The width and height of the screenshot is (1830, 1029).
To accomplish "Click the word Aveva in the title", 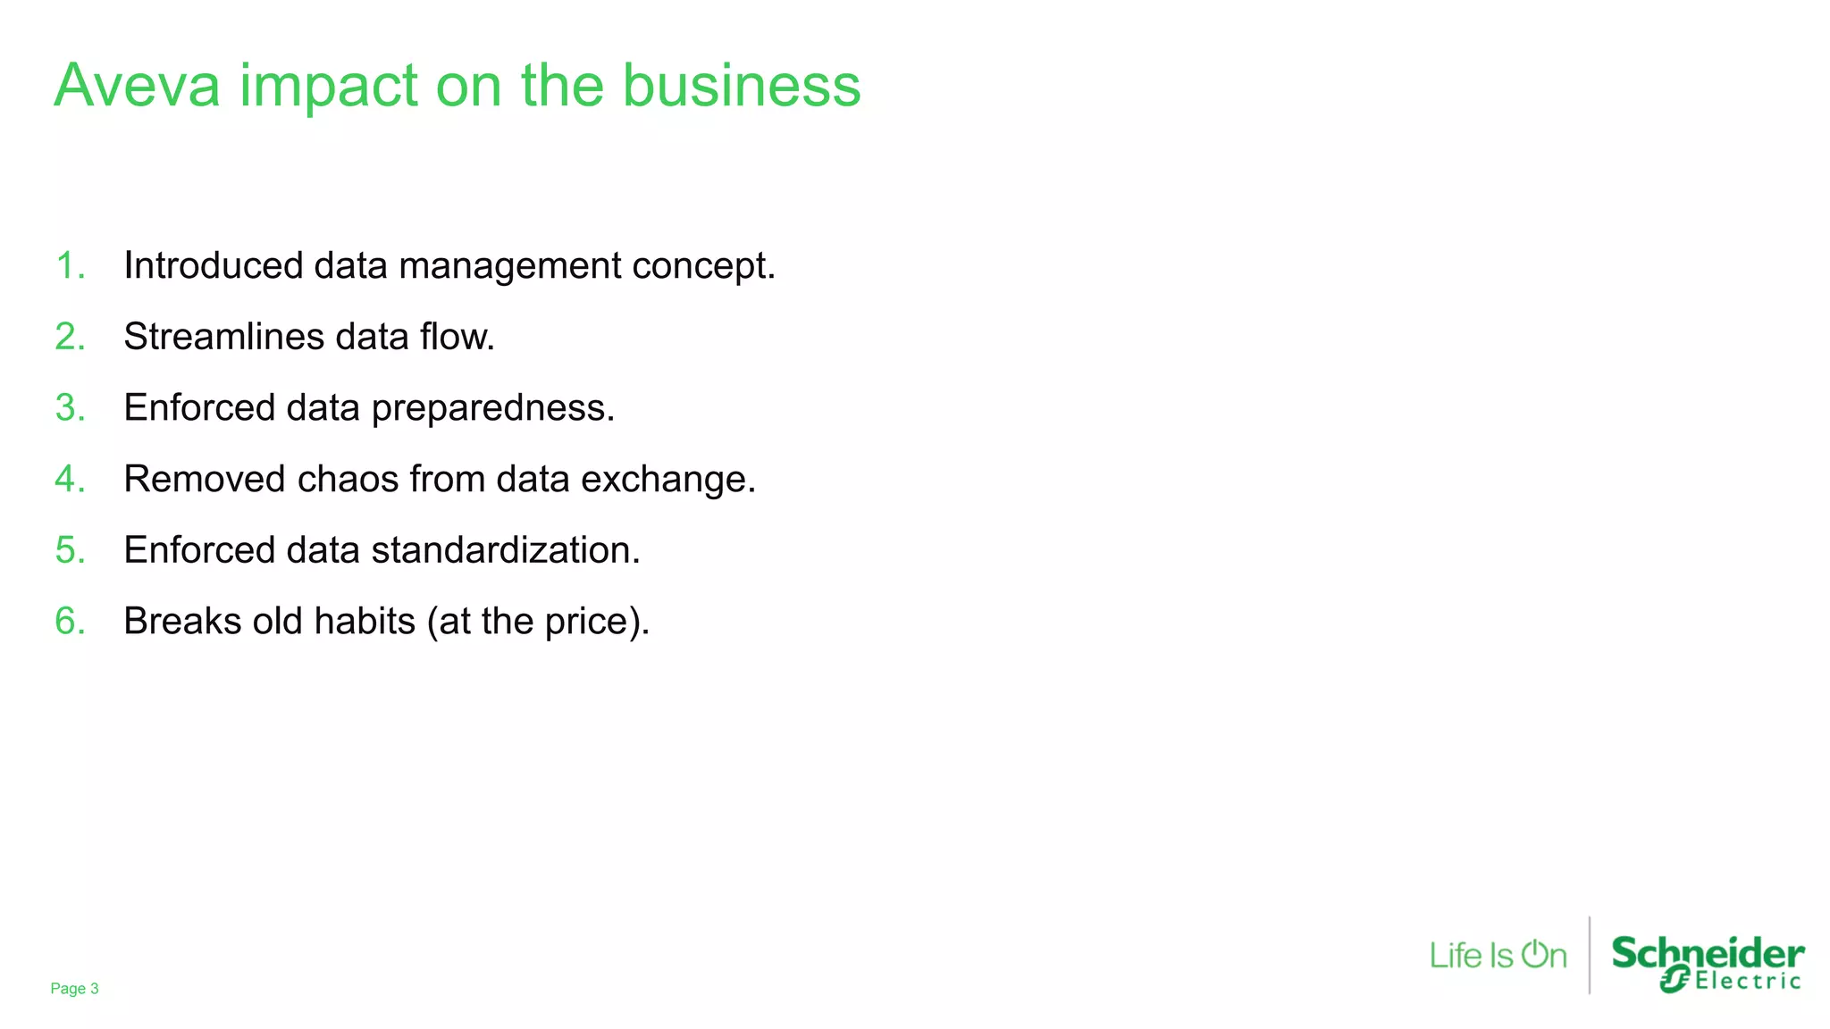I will pyautogui.click(x=137, y=87).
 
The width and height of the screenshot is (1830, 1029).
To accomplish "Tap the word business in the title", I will pyautogui.click(x=741, y=87).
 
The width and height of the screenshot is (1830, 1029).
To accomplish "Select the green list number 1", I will pyautogui.click(x=70, y=266).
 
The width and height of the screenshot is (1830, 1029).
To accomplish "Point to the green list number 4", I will pyautogui.click(x=70, y=480).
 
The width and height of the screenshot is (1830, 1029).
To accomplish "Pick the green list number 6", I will pyautogui.click(x=70, y=622).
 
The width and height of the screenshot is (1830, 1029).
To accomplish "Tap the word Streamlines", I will pyautogui.click(x=223, y=338).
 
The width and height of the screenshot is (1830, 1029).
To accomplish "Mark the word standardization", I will pyautogui.click(x=505, y=550).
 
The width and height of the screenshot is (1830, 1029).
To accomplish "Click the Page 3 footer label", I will pyautogui.click(x=74, y=989).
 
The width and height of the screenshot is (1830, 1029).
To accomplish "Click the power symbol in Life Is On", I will pyautogui.click(x=1534, y=954).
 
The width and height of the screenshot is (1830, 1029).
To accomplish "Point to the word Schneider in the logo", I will pyautogui.click(x=1708, y=954).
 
